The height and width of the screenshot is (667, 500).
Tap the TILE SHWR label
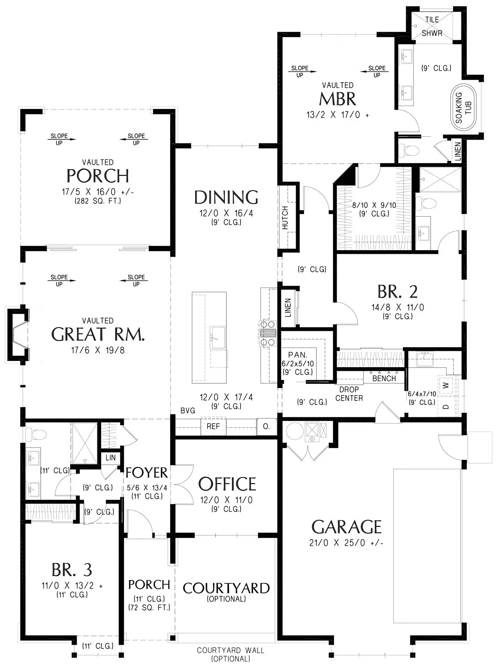432,27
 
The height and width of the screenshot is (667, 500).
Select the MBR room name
337,99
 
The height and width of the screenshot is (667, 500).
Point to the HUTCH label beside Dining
285,217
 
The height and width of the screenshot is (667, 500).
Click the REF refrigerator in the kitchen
213,427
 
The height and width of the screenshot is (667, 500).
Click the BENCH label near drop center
384,379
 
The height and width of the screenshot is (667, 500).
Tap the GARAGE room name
346,527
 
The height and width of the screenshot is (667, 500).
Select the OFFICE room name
227,484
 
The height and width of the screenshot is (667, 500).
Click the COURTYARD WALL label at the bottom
230,650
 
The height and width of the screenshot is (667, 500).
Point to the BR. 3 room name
72,570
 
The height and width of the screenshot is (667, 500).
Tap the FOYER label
147,473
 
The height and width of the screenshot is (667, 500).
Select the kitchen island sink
218,338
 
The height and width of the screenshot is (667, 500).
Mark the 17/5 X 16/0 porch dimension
98,192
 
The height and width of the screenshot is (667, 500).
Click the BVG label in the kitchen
188,411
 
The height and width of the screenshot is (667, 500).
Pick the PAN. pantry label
298,355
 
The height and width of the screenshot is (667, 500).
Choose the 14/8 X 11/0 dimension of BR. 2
398,307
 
